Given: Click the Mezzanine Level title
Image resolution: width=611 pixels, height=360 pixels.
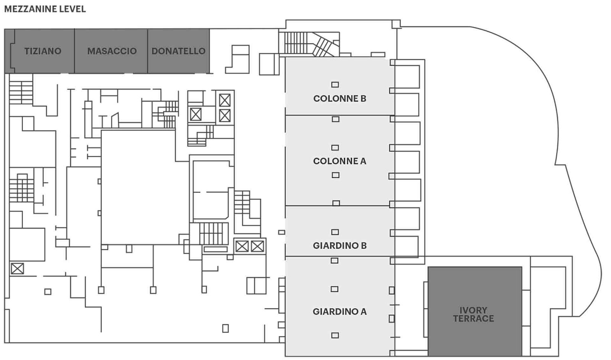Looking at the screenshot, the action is click(45, 9).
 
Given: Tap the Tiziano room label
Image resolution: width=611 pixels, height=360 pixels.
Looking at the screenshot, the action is click(43, 51).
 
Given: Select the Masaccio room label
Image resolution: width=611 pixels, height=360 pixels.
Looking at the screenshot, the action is click(112, 51).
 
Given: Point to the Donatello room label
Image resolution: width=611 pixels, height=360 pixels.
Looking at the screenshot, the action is click(178, 51).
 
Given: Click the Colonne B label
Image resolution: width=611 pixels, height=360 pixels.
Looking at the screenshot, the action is click(339, 98).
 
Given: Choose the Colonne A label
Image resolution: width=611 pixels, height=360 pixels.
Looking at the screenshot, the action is click(339, 161).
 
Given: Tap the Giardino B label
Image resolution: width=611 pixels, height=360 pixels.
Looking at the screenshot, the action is click(339, 246).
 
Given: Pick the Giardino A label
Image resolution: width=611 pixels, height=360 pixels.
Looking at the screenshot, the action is click(339, 312).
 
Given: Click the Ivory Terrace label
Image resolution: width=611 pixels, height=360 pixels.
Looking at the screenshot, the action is click(474, 314).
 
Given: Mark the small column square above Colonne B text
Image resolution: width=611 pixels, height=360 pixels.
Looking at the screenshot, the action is click(335, 85).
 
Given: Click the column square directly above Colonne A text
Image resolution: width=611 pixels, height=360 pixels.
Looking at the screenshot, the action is click(335, 147).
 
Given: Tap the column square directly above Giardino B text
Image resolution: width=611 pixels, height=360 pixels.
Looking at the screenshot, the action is click(335, 232).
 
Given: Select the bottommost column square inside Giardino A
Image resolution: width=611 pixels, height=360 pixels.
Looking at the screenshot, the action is click(335, 335).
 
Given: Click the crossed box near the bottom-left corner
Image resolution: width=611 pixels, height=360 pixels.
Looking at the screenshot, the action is click(17, 269).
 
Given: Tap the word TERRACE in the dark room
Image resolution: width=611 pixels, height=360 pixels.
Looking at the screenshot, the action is click(474, 318).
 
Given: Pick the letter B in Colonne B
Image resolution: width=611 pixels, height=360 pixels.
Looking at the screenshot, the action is click(363, 98).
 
